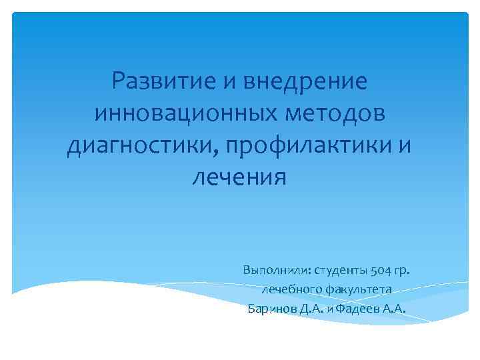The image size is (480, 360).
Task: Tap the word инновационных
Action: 177,114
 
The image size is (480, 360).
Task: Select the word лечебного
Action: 291,290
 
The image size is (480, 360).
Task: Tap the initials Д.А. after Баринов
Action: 312,308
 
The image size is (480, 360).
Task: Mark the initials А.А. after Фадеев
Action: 394,308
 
